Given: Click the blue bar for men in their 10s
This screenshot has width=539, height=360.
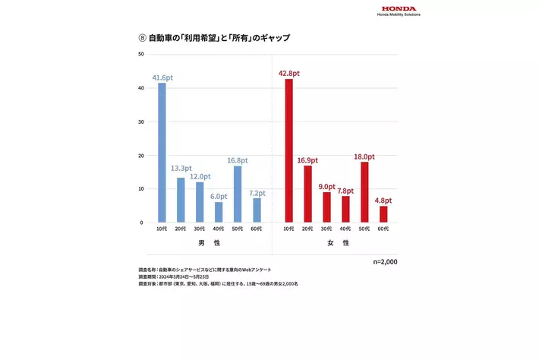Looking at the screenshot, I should tap(162, 152).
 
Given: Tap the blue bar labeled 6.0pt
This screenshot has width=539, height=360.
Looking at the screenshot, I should tap(219, 212).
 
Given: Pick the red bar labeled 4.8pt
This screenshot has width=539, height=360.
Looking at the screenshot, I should tap(383, 214).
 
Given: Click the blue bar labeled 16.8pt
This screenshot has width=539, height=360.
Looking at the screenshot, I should tap(238, 194).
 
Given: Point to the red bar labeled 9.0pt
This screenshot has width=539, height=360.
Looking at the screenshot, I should tap(326, 207).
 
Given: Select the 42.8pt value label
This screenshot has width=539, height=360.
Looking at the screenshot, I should tap(288, 73).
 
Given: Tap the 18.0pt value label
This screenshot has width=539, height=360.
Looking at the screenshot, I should tap(364, 156).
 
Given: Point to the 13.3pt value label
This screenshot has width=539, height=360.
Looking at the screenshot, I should tap(181, 169).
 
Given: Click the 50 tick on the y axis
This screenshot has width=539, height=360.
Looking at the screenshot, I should tap(141, 55).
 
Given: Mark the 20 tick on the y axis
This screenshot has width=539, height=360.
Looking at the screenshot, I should tap(141, 155).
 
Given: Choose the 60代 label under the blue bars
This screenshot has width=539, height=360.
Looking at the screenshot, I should tap(257, 229).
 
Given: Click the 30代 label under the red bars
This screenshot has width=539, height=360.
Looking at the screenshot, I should tap(326, 229).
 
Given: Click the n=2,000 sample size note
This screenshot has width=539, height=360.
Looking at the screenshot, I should tap(385, 261).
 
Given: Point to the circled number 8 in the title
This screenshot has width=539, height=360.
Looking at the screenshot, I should tap(141, 37).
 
